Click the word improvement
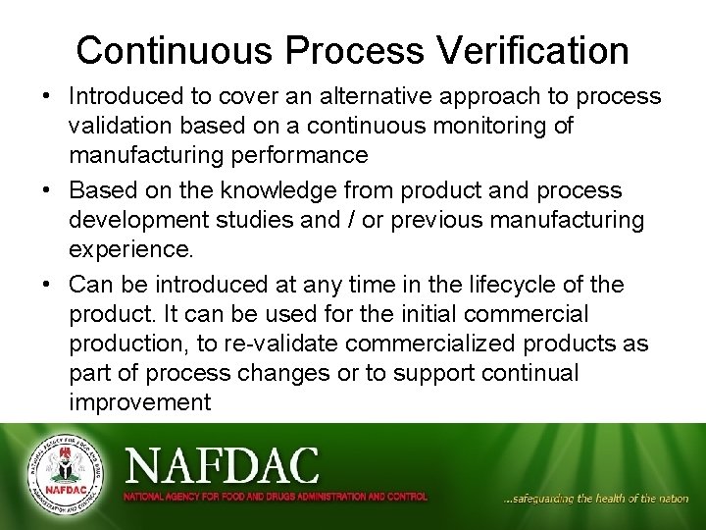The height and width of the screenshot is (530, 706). [x=140, y=402]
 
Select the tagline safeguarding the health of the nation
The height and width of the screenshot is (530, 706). [x=595, y=499]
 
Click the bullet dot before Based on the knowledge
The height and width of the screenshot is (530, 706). [x=47, y=190]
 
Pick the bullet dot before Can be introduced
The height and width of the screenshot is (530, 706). [x=47, y=286]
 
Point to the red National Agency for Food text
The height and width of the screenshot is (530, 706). [x=275, y=497]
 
